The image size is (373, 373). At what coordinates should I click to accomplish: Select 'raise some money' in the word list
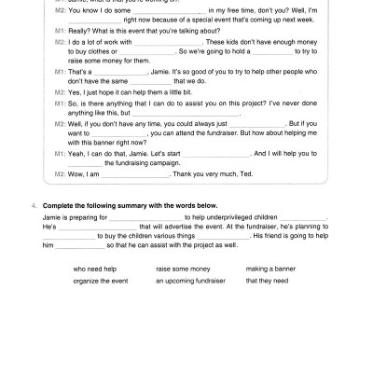pos(173,269)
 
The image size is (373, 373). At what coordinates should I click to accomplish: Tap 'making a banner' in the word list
pos(269,269)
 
